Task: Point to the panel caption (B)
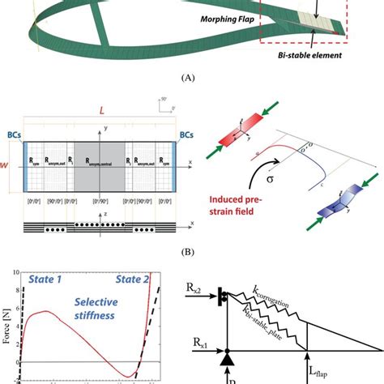191,252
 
